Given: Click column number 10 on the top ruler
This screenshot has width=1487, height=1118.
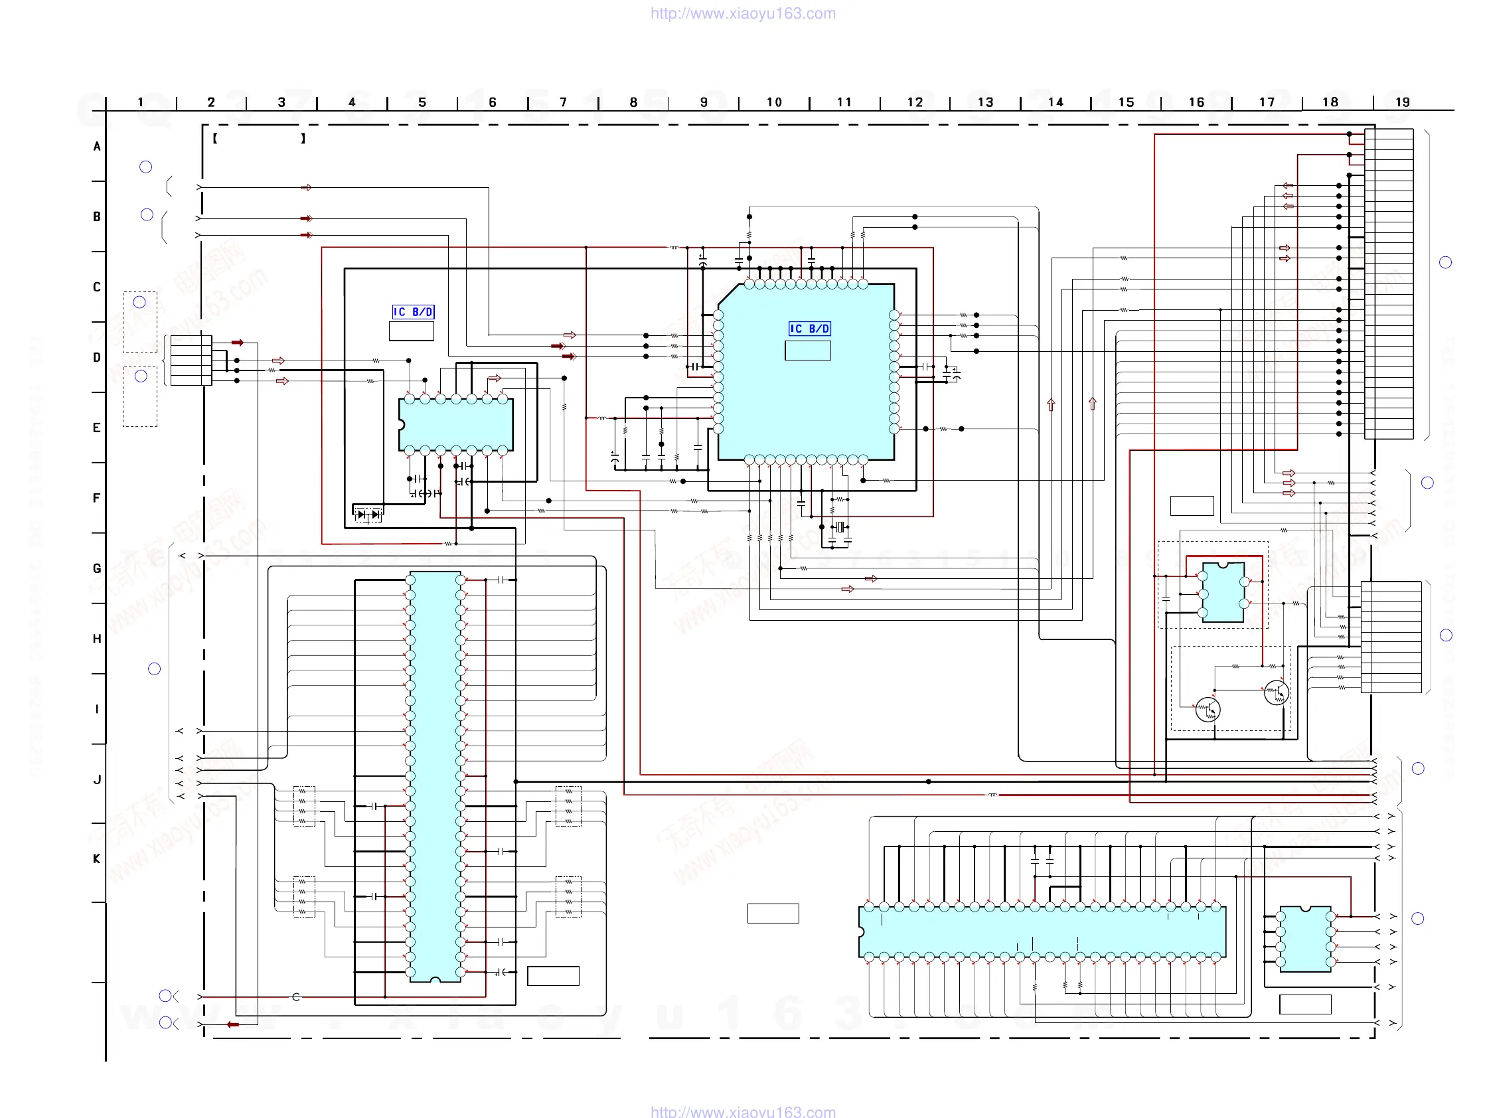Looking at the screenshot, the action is click(x=774, y=102).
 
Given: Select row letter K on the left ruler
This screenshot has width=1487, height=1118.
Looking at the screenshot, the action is click(x=97, y=858).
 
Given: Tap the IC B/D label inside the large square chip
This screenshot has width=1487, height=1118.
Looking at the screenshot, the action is click(x=809, y=329).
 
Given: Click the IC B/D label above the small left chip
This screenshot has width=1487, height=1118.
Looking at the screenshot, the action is click(x=413, y=312).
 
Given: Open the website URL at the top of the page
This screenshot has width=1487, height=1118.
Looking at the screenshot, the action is click(x=743, y=13).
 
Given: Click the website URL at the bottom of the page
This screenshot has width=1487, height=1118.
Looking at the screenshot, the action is click(x=743, y=1111).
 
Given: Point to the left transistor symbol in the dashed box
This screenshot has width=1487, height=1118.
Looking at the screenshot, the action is click(x=1208, y=710).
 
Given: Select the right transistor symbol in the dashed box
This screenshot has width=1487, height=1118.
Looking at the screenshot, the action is click(x=1276, y=692).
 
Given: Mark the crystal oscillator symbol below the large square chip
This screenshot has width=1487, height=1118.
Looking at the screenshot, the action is click(x=840, y=528).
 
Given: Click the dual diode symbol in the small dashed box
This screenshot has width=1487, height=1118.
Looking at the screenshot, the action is click(x=368, y=515).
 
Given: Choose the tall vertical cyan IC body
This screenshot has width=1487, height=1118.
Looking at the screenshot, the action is click(x=435, y=777).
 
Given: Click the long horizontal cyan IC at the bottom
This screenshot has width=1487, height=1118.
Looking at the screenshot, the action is click(x=1042, y=932).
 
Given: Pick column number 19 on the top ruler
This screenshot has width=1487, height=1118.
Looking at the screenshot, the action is click(x=1402, y=102).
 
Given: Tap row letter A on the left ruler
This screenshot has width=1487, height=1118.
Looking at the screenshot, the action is click(x=97, y=146).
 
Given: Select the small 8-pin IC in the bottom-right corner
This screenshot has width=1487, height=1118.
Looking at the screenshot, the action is click(x=1305, y=939).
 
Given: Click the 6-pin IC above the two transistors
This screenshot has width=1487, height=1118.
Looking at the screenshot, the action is click(x=1223, y=592).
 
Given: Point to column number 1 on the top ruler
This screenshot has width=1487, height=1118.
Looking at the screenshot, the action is click(x=141, y=102).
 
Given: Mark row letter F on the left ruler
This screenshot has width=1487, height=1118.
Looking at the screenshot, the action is click(x=97, y=498).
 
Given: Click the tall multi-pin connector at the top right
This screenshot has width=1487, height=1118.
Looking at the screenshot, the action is click(x=1388, y=283).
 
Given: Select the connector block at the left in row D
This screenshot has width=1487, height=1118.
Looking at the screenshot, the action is click(x=191, y=360).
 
